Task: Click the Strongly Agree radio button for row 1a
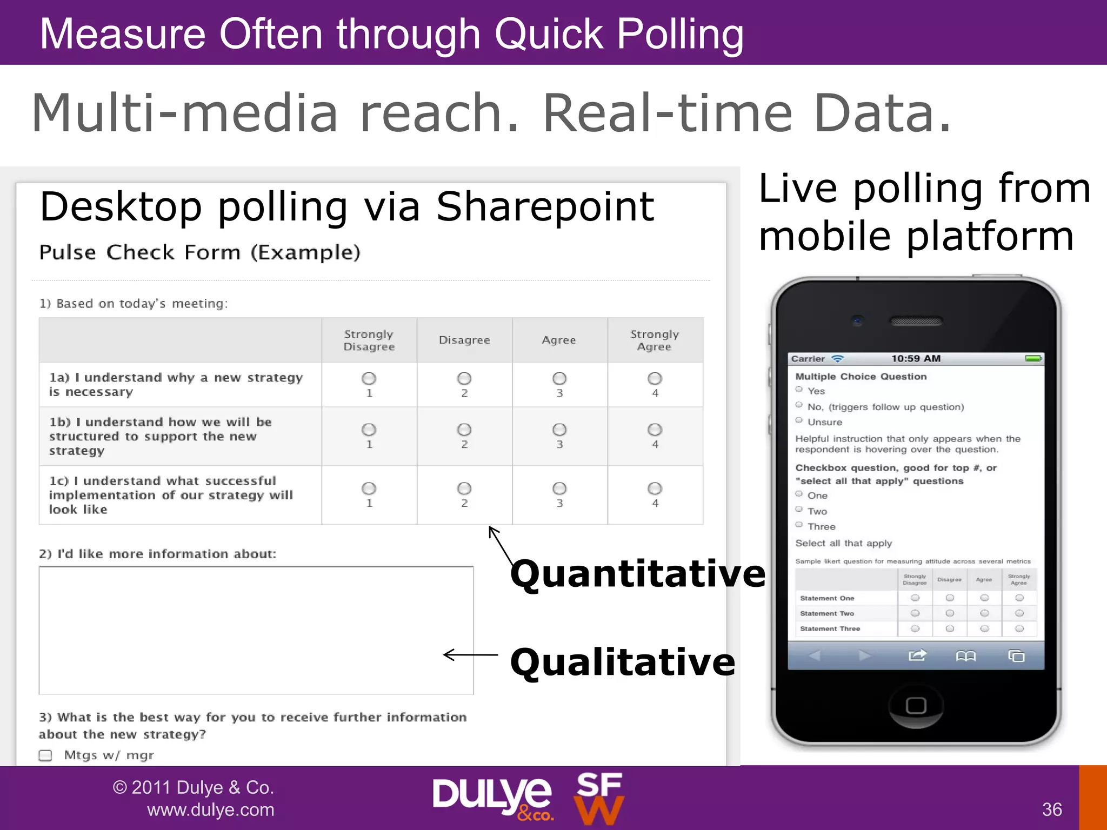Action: (x=655, y=378)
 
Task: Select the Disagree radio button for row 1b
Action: (x=464, y=430)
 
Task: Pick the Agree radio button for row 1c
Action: (x=559, y=488)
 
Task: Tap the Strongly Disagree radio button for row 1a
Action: (x=369, y=378)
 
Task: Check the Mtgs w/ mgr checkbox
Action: (x=45, y=755)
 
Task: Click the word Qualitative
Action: (x=623, y=662)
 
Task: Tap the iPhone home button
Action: (x=916, y=706)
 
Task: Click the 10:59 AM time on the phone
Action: (x=916, y=358)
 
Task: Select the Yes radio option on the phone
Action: (x=799, y=390)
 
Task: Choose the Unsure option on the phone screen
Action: (x=799, y=420)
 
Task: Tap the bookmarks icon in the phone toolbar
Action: (x=966, y=656)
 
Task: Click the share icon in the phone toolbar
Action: (x=917, y=655)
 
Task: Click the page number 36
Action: (x=1052, y=809)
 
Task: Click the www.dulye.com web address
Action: (x=210, y=810)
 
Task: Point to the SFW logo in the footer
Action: (x=599, y=799)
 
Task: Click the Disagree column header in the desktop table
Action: (x=464, y=340)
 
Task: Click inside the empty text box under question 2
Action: (x=256, y=630)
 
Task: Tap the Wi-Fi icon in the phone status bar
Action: (x=837, y=359)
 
